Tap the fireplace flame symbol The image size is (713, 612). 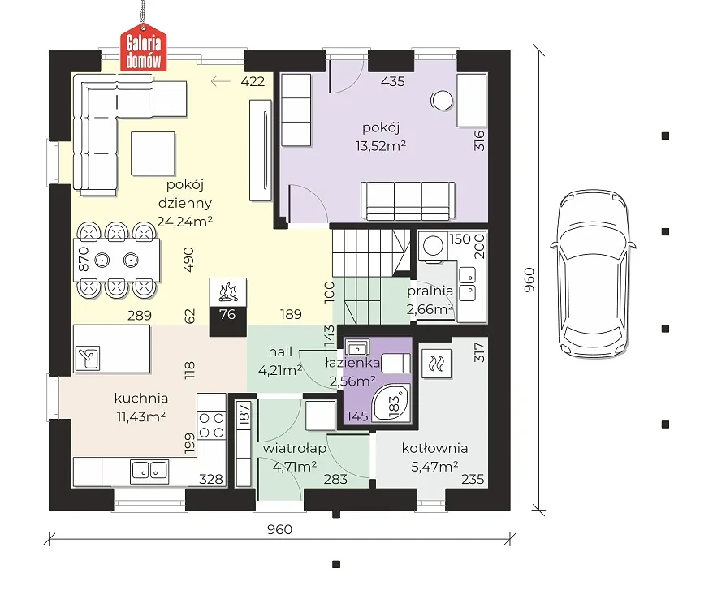(x=228, y=291)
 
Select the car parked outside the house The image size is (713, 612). (x=593, y=274)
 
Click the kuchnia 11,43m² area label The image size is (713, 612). (x=141, y=407)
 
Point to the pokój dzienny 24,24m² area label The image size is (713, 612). (x=184, y=203)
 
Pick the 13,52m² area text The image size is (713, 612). (x=381, y=146)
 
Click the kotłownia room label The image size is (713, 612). (x=434, y=448)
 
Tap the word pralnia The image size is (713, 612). (x=430, y=291)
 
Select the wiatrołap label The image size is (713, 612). (x=295, y=448)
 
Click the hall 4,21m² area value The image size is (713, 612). (x=280, y=371)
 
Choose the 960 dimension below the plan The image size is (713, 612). (x=279, y=529)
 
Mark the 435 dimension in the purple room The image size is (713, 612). (x=393, y=81)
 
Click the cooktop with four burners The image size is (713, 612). (x=211, y=425)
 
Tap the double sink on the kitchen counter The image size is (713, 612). (x=149, y=470)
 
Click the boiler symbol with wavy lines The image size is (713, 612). (x=437, y=364)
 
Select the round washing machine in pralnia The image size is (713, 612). (x=433, y=246)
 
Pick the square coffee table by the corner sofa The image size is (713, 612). (x=153, y=153)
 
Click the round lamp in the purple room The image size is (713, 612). (x=442, y=101)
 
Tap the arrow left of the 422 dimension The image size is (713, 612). (x=221, y=81)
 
